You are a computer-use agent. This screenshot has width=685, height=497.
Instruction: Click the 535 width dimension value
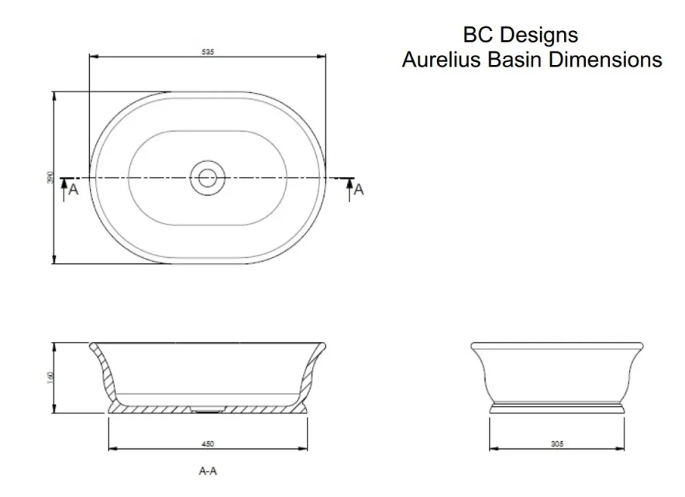point(207,52)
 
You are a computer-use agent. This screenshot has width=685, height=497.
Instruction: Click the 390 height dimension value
point(50,178)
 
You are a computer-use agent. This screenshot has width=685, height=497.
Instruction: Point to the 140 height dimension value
point(50,378)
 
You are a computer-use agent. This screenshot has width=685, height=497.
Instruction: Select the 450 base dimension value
point(208,444)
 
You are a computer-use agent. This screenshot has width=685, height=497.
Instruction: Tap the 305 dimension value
point(557,444)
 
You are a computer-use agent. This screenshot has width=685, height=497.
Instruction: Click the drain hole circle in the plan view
point(207,178)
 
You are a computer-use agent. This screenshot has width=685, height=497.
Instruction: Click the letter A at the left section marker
point(74,189)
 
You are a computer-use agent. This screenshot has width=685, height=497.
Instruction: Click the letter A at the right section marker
point(359,189)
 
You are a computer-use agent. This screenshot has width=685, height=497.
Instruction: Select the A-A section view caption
point(207,470)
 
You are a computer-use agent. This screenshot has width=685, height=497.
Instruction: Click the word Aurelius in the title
point(441,60)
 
